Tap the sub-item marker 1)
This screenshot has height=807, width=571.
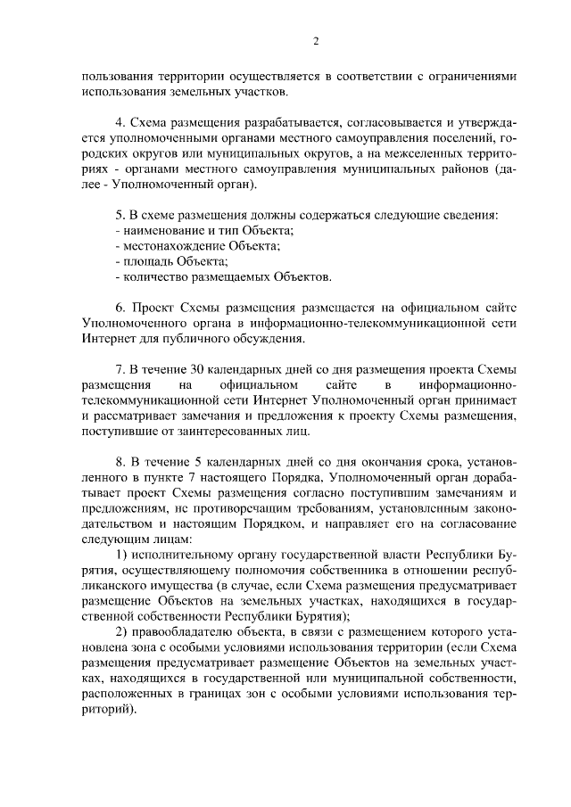click(124, 555)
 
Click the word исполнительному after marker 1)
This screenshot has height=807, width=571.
click(188, 555)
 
